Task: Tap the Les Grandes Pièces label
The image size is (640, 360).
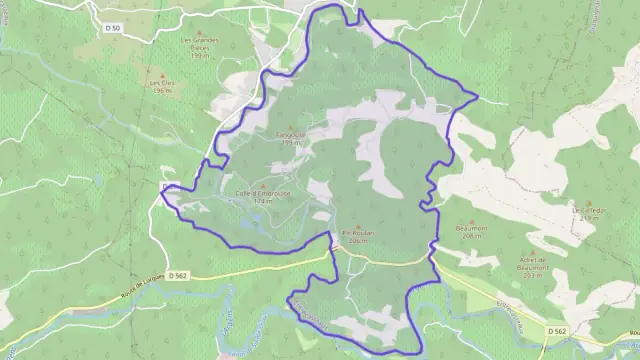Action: click(199, 46)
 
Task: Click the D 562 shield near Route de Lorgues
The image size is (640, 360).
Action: click(179, 274)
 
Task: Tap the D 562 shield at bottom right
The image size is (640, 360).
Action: click(557, 330)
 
